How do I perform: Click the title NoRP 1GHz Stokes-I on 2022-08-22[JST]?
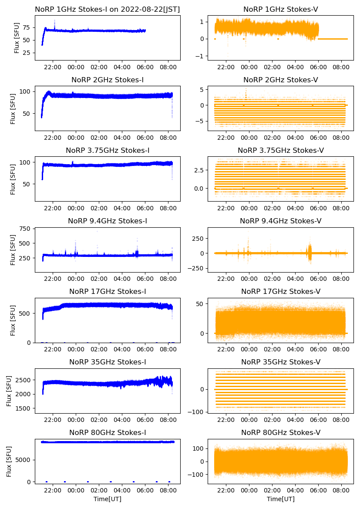pyautogui.click(x=108, y=9)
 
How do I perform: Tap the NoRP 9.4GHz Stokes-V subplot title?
pyautogui.click(x=281, y=221)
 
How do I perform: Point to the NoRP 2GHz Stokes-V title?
pyautogui.click(x=281, y=80)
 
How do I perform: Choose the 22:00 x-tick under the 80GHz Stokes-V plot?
pyautogui.click(x=226, y=490)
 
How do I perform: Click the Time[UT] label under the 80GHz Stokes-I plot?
pyautogui.click(x=108, y=499)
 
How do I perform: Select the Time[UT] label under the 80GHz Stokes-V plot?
pyautogui.click(x=281, y=499)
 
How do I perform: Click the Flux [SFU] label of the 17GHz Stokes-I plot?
pyautogui.click(x=13, y=320)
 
